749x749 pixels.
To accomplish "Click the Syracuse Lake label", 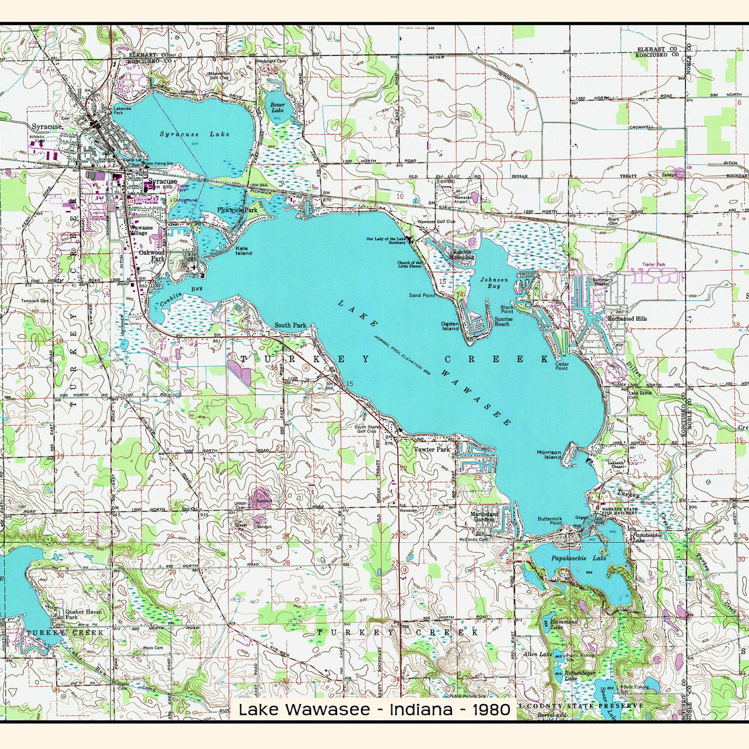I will point(194,134).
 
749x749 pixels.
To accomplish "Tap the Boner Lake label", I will point(277,107).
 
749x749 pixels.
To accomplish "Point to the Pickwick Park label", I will point(237,211).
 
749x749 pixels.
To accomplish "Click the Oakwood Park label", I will point(152,255).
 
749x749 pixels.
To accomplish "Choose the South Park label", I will point(290,325).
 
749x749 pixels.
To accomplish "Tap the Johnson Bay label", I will point(494,283).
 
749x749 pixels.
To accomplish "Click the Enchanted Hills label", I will point(629,319).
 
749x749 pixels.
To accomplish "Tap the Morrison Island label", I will point(549,455).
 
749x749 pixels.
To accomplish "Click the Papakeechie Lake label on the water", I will point(579,558).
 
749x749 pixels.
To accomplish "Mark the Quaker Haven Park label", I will point(84,615).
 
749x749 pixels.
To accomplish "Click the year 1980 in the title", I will point(491,710).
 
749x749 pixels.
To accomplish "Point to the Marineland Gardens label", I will point(484,517).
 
